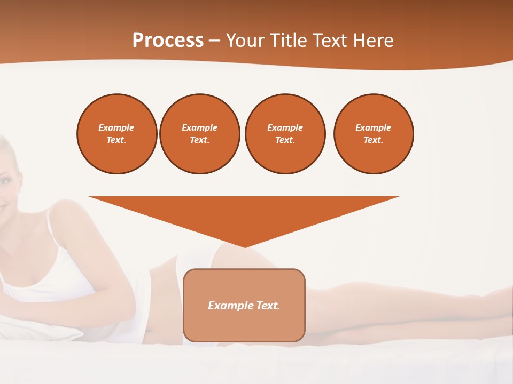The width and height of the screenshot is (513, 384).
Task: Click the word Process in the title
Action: (168, 41)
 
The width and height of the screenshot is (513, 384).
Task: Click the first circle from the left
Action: (116, 134)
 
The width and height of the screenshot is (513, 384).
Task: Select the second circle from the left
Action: (200, 134)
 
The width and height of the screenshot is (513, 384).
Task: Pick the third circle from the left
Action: (285, 134)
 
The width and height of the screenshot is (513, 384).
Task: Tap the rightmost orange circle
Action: (374, 134)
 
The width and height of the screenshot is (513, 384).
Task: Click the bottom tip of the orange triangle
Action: (244, 246)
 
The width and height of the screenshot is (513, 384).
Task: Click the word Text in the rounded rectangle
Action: (268, 306)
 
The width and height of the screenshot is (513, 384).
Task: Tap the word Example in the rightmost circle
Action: (374, 127)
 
